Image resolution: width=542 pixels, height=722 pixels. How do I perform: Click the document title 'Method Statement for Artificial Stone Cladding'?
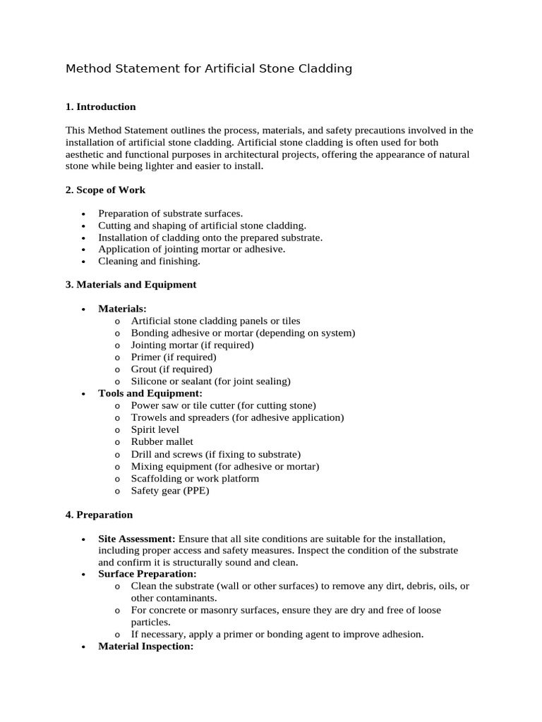pos(208,69)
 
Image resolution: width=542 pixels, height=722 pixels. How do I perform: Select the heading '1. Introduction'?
pos(100,107)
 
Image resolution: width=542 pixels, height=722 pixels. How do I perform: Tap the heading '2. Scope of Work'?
pos(105,190)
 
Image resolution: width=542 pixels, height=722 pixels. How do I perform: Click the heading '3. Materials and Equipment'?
pos(131,285)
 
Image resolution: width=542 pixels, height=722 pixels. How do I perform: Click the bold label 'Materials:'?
pos(122,309)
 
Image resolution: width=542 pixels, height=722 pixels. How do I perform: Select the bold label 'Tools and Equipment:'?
pos(150,393)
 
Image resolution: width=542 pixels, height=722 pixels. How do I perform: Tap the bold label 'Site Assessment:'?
pos(136,539)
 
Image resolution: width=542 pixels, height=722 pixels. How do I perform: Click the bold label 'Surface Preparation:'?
pos(147,574)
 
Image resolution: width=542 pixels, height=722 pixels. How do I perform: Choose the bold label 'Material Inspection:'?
pos(145,646)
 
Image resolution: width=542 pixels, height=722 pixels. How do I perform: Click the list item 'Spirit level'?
pos(155,429)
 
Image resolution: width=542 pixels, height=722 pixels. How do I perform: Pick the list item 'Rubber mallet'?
pos(162,441)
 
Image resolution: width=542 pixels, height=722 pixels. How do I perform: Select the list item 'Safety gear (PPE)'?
pos(170,491)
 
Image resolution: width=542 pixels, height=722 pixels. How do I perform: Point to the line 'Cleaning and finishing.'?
pos(149,261)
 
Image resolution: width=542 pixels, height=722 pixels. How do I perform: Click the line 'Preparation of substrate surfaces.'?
pos(170,214)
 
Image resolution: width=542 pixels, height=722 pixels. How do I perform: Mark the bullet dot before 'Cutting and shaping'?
pos(84,226)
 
